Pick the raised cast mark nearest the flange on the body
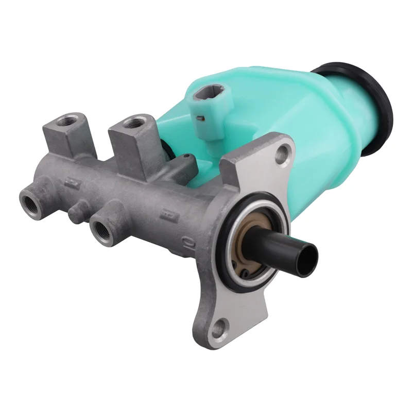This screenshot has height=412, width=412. tap(167, 211)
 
